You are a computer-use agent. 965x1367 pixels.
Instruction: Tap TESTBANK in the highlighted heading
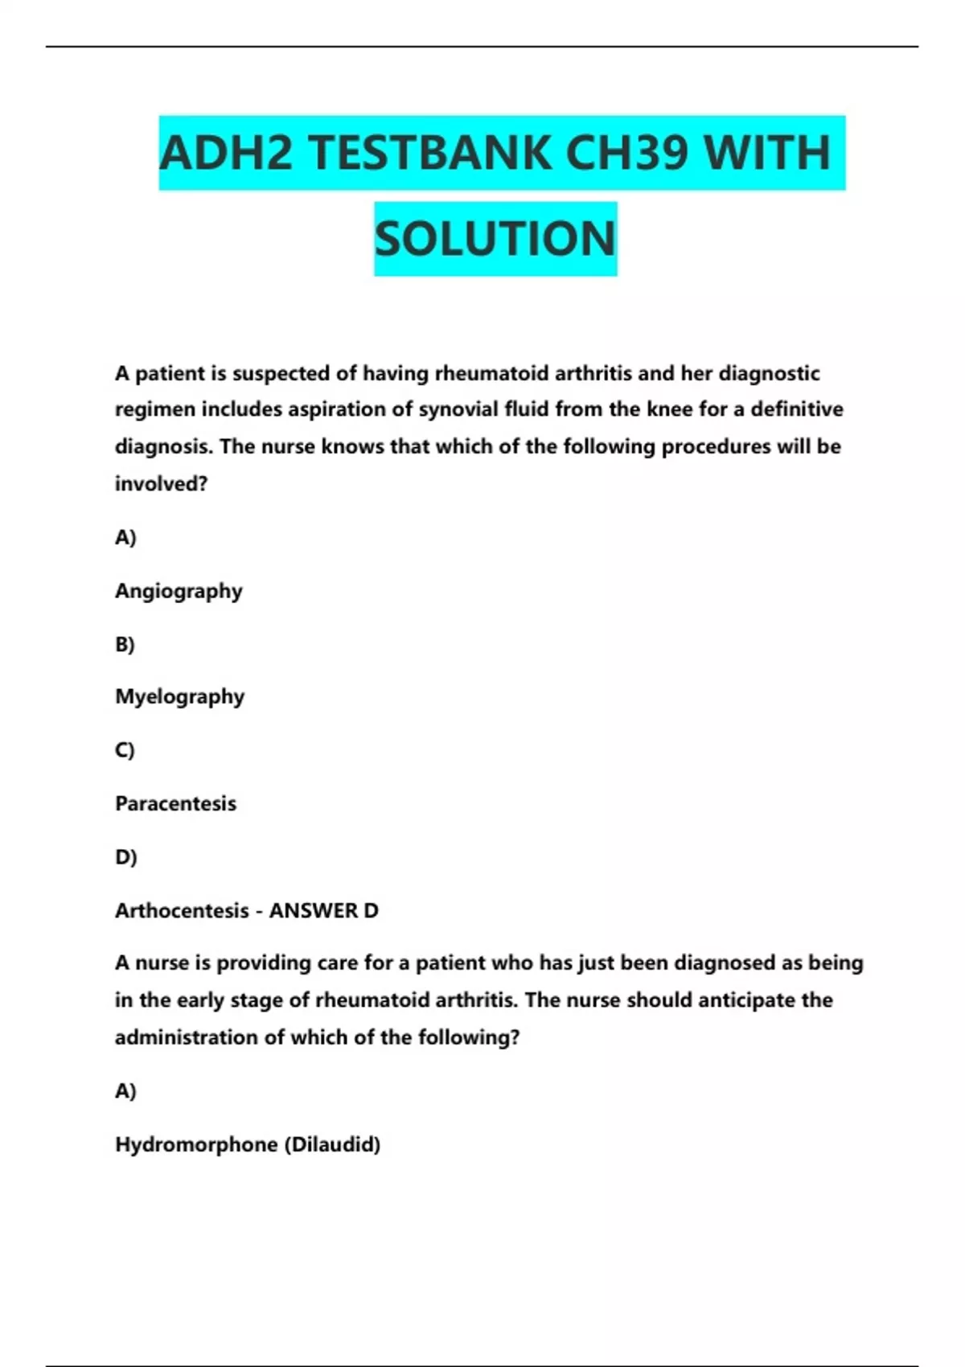(429, 153)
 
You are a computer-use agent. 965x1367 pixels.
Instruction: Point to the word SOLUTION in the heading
(495, 239)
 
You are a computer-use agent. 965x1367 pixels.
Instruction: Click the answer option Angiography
(179, 591)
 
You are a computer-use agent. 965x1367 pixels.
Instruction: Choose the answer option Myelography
(179, 696)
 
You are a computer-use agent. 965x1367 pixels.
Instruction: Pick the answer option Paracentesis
(175, 803)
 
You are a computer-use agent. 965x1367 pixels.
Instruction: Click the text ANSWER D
(323, 910)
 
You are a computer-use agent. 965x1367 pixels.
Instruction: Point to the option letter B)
(125, 644)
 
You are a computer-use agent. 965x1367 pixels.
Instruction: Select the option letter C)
(125, 750)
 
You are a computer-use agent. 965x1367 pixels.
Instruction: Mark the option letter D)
(125, 857)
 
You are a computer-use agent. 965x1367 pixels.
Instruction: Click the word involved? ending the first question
(161, 483)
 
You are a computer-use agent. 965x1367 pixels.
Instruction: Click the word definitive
(797, 409)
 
